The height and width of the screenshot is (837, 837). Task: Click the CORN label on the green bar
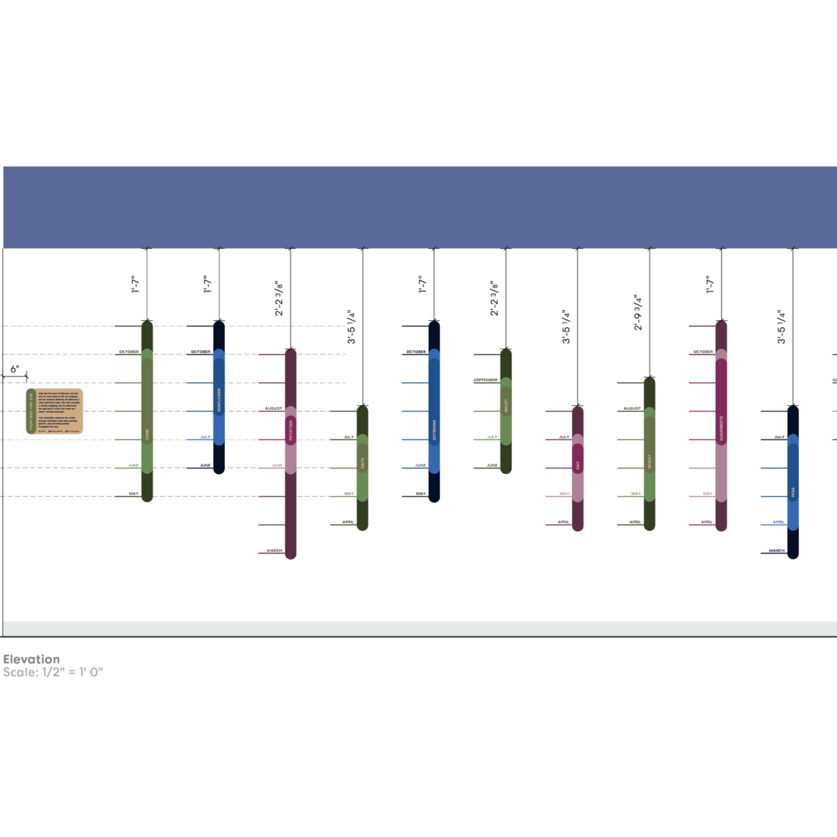(147, 437)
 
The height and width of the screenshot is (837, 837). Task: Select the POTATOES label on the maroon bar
(290, 431)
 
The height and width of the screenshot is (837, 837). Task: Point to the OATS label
(362, 463)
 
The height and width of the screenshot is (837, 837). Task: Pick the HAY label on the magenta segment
(577, 464)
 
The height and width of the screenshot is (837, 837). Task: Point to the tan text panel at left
(55, 411)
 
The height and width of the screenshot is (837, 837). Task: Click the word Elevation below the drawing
(31, 659)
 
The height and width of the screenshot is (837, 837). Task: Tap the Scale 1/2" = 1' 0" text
(52, 672)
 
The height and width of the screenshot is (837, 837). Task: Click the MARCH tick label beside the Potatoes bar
(274, 551)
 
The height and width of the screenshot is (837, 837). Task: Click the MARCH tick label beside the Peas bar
(776, 551)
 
